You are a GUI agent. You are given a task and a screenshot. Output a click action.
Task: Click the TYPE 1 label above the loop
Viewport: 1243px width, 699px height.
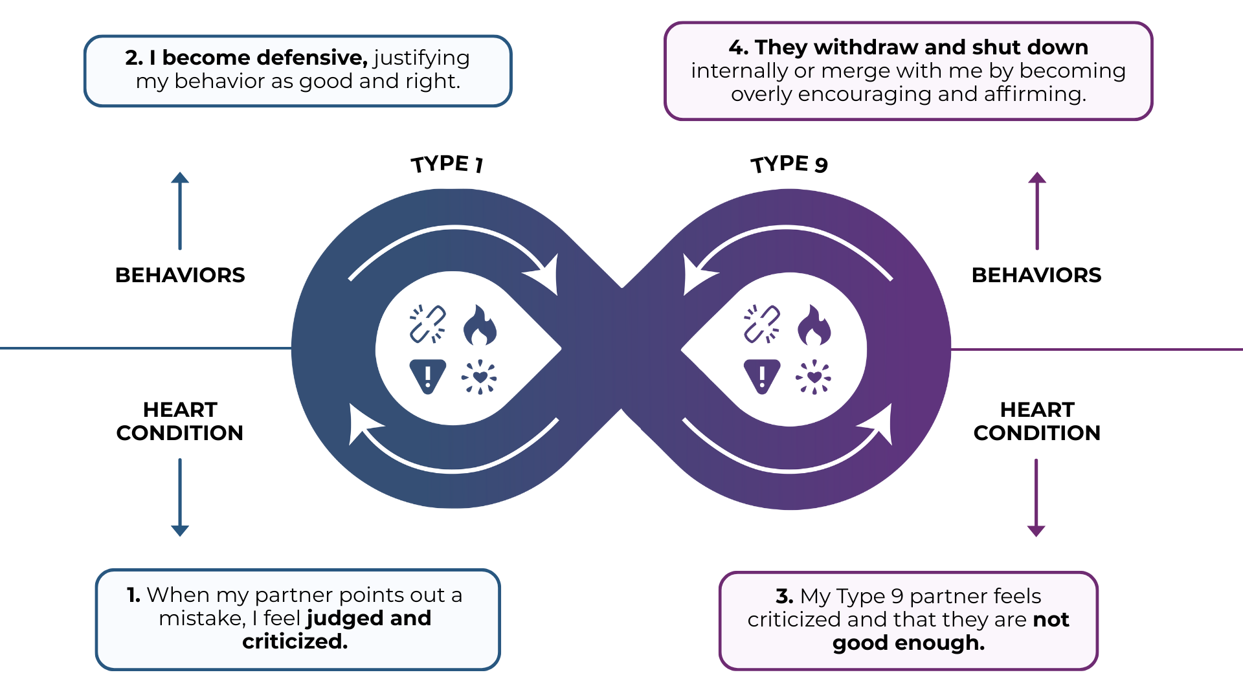pos(447,164)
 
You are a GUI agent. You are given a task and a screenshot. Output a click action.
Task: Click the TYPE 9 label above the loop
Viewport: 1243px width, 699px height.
pos(789,164)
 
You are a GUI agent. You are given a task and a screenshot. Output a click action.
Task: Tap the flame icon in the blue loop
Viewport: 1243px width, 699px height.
pos(480,325)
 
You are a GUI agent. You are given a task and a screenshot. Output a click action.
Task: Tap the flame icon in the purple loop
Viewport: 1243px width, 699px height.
pos(814,325)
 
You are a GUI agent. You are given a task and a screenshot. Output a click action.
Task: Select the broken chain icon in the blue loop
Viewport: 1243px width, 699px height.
pos(428,324)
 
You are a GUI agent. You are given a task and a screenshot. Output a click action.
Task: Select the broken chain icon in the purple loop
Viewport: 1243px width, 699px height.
pos(762,324)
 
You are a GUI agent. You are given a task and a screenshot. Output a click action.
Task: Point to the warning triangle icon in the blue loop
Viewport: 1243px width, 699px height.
pos(428,376)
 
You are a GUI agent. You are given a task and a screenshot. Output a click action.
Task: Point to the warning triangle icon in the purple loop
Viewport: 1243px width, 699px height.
pos(762,376)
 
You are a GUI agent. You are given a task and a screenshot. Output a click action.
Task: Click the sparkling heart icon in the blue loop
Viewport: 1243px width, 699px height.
pos(479,377)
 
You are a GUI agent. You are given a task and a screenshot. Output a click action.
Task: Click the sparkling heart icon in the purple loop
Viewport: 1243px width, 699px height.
pos(814,377)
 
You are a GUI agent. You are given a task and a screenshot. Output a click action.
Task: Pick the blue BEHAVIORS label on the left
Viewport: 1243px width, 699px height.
pos(180,275)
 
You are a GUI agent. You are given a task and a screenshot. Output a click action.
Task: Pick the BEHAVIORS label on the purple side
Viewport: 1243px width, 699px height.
pos(1036,275)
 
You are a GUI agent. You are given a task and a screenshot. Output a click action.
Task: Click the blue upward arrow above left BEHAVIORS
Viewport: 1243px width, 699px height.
pos(180,210)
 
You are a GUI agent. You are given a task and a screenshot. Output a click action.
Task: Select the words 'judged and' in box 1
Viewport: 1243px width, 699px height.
pos(368,618)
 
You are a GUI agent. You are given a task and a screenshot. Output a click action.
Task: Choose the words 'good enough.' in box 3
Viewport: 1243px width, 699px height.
pos(908,643)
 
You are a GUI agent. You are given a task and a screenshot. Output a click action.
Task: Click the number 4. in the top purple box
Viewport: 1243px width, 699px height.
pos(738,47)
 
